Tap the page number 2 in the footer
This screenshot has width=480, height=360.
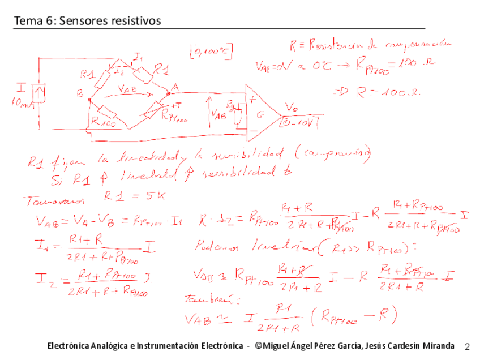click(467, 346)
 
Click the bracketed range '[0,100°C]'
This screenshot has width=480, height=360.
click(212, 53)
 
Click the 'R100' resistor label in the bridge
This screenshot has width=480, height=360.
click(104, 120)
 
